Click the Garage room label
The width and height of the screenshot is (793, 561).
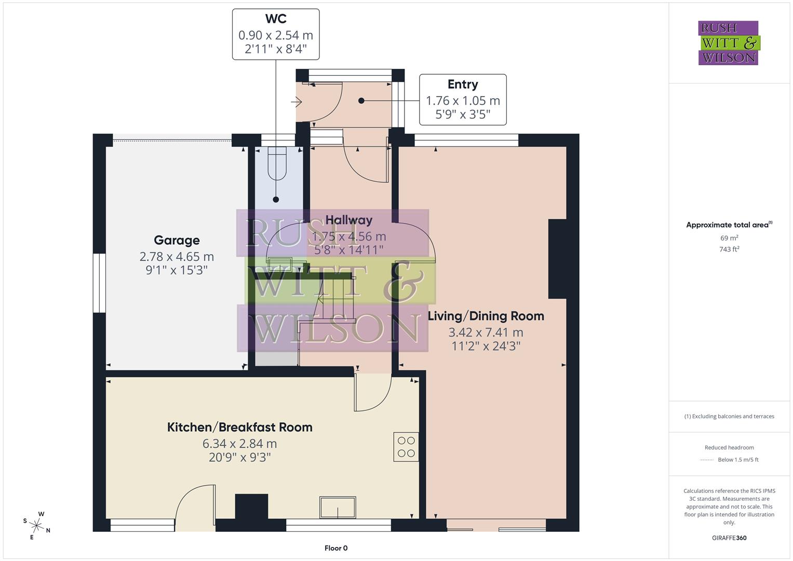(177, 241)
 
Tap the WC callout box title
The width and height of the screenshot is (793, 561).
(275, 19)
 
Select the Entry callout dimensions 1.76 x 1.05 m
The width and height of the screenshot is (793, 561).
(463, 101)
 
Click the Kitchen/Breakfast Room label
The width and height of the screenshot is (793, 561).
(239, 428)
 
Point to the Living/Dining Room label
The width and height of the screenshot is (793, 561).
(486, 316)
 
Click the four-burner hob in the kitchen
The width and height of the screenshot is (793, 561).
(406, 447)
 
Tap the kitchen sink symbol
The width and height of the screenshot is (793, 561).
(338, 507)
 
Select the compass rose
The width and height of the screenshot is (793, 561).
(36, 525)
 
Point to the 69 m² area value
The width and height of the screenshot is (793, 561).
(729, 238)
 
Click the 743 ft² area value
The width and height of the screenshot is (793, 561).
(729, 249)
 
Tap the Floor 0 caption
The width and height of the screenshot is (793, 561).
(336, 548)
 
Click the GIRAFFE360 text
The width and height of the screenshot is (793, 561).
(729, 538)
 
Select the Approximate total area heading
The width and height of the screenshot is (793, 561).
(729, 225)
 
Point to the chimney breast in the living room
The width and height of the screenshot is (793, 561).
(557, 259)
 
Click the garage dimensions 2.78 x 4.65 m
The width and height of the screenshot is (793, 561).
(177, 257)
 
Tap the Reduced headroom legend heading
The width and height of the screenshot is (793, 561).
(729, 447)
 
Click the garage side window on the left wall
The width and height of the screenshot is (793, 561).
(99, 283)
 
